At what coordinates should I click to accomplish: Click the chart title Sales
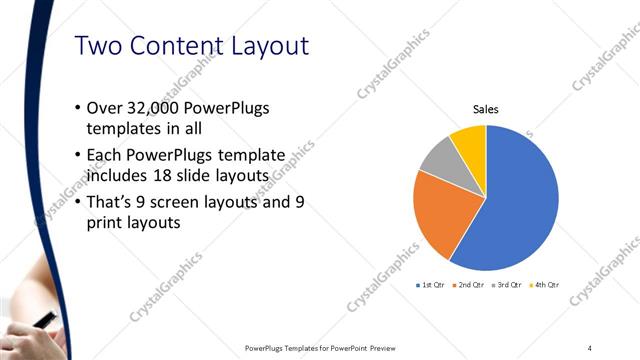[x=485, y=110]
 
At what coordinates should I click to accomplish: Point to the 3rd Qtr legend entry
[x=507, y=285]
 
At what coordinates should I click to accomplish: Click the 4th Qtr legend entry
[x=543, y=285]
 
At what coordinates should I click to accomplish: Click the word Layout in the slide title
[x=259, y=46]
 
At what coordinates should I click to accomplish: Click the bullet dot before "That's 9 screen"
[x=79, y=202]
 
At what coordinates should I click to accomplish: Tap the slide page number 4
[x=590, y=347]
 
